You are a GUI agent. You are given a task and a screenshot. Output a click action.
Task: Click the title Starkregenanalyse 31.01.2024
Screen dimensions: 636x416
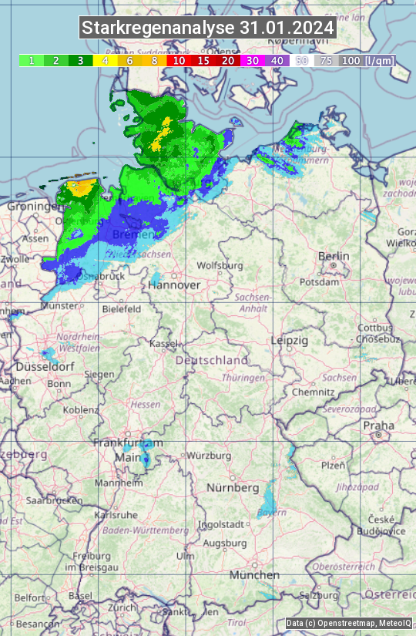click(x=208, y=28)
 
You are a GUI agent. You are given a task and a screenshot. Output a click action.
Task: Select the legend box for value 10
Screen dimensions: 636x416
click(x=179, y=60)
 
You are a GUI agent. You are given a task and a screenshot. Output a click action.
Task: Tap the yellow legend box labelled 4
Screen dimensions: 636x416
click(x=105, y=60)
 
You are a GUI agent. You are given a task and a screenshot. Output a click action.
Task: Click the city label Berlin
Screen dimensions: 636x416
click(x=334, y=257)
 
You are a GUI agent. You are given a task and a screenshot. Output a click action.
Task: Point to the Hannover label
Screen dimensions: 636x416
click(x=175, y=285)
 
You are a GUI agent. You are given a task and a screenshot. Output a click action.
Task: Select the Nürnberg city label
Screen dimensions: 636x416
click(x=233, y=488)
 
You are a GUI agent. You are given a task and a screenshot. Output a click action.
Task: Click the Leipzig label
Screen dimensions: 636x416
click(x=290, y=340)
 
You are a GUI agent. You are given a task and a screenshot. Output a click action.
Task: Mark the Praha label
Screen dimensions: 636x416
click(x=378, y=426)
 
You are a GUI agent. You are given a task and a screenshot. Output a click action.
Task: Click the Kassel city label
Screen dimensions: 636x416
click(x=164, y=343)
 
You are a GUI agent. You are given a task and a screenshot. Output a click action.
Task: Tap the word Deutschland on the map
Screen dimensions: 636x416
click(x=212, y=360)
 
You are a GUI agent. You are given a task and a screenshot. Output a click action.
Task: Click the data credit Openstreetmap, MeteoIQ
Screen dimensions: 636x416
click(x=348, y=623)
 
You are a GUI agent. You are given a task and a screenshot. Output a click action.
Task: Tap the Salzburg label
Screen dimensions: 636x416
click(x=319, y=595)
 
